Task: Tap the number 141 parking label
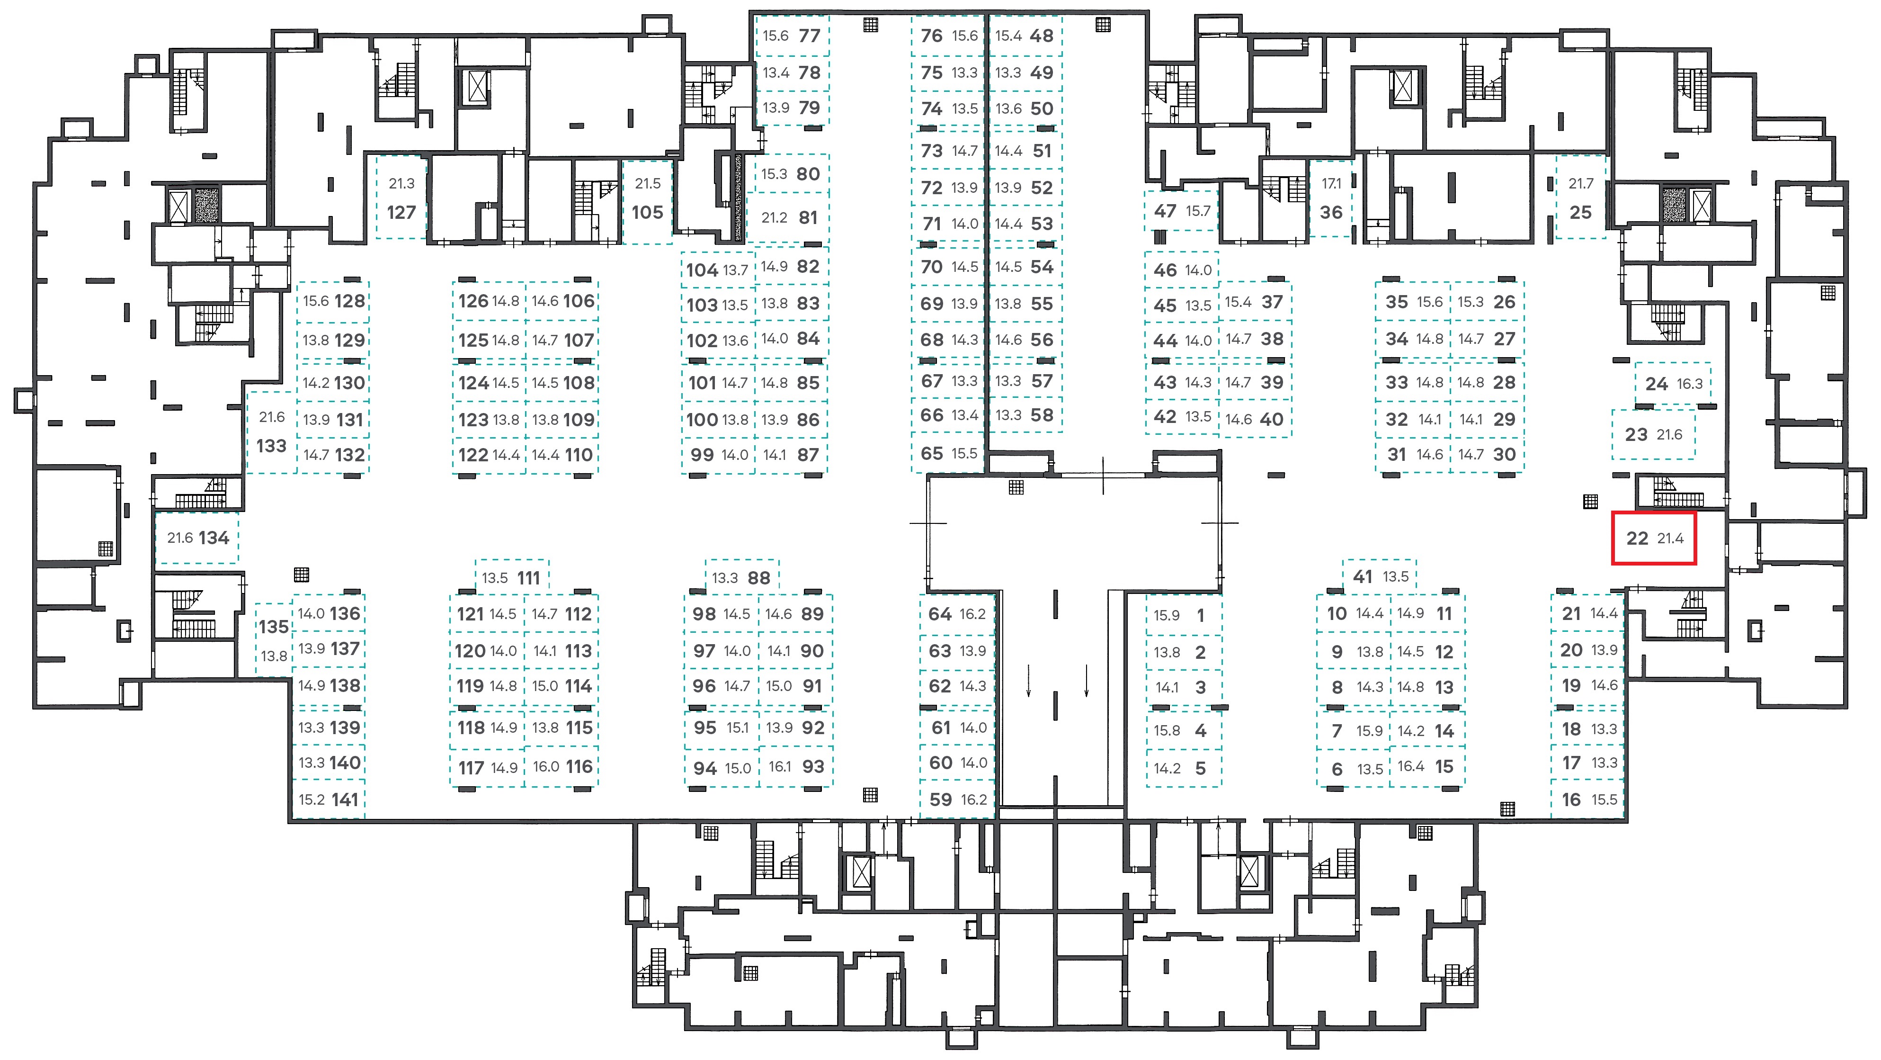(345, 799)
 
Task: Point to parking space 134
(197, 538)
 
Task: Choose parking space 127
(401, 197)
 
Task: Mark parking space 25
(1581, 197)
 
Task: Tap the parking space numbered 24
(1673, 384)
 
